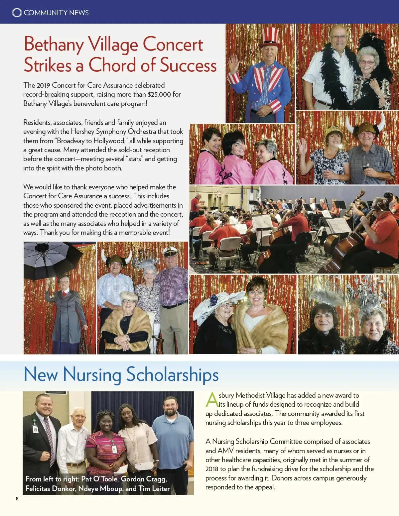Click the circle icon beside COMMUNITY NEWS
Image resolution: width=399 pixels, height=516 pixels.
tap(17, 13)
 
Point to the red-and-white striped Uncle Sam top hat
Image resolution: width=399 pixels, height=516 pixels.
tap(270, 37)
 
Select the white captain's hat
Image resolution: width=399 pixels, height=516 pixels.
tap(170, 252)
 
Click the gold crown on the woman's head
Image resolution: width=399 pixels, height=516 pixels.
tap(333, 130)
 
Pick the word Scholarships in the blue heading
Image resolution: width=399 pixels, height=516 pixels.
tap(172, 374)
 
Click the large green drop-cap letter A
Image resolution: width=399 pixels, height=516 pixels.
tap(211, 400)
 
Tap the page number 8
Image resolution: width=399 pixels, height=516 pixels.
tap(17, 499)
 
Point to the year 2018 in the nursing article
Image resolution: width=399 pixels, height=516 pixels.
tap(212, 469)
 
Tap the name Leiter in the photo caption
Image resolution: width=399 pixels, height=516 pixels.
tap(161, 489)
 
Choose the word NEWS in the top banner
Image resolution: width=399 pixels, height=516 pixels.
tap(78, 13)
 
